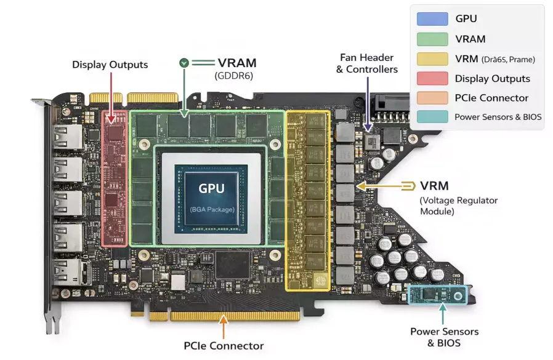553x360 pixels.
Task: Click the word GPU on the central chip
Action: [x=211, y=188]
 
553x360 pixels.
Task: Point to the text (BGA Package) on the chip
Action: [x=211, y=209]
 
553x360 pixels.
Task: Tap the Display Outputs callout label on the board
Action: [x=110, y=65]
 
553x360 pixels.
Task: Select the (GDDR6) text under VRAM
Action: [x=234, y=76]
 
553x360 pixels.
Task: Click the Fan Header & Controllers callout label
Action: [x=367, y=63]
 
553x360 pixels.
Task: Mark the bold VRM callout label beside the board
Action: [x=434, y=185]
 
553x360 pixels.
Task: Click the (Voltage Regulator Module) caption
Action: [x=458, y=206]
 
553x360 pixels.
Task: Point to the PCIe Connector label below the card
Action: [x=224, y=346]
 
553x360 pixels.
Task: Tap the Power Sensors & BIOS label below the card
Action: [x=444, y=337]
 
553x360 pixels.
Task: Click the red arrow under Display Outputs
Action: [x=111, y=95]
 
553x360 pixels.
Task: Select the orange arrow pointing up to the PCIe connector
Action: [x=224, y=326]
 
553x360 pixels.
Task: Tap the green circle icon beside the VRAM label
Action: [x=184, y=63]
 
